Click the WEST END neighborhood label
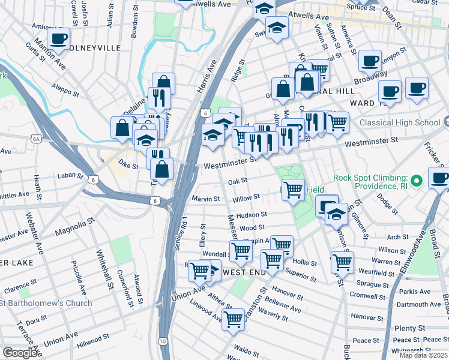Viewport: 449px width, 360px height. [244, 272]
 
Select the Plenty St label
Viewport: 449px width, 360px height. [410, 328]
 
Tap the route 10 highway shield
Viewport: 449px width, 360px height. [163, 340]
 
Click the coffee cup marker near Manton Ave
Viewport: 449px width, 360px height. [58, 40]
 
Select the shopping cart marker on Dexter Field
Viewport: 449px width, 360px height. [293, 190]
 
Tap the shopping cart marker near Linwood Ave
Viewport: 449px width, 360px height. [233, 319]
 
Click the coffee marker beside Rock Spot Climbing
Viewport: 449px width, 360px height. [439, 178]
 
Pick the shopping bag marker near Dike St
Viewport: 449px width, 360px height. [162, 169]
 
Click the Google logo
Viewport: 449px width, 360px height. [20, 352]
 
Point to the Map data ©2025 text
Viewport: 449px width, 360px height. [423, 355]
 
